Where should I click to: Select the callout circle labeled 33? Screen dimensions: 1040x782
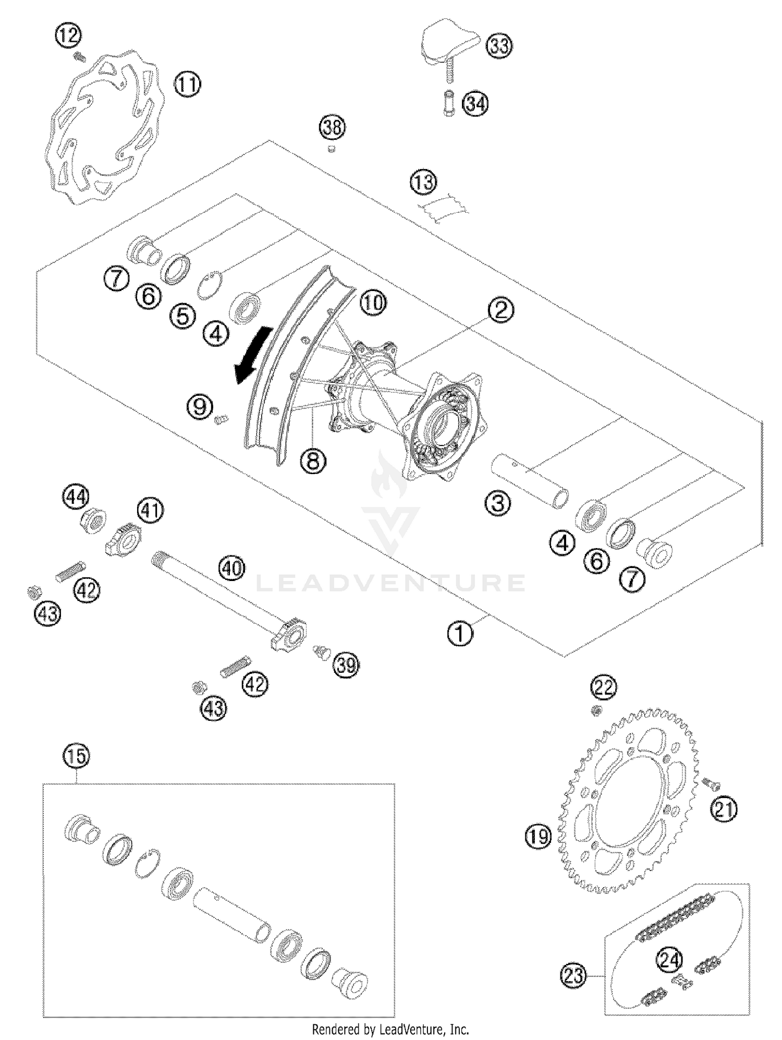[499, 46]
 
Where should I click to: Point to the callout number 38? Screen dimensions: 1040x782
[333, 127]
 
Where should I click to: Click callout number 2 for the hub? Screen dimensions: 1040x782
[500, 311]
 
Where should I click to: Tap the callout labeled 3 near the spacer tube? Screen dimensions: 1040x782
[498, 503]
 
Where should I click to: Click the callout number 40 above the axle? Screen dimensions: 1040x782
[231, 567]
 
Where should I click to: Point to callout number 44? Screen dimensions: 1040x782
[76, 497]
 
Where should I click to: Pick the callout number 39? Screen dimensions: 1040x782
[346, 665]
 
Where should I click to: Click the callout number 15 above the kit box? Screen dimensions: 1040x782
[76, 756]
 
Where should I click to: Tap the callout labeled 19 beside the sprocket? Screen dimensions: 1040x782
[538, 837]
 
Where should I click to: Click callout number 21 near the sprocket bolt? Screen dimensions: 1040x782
[724, 809]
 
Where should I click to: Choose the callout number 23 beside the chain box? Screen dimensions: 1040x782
[574, 975]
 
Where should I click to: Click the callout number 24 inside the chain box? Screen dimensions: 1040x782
[669, 959]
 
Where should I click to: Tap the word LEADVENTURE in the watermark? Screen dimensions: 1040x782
[391, 583]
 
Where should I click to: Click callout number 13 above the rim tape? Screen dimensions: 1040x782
[423, 183]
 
